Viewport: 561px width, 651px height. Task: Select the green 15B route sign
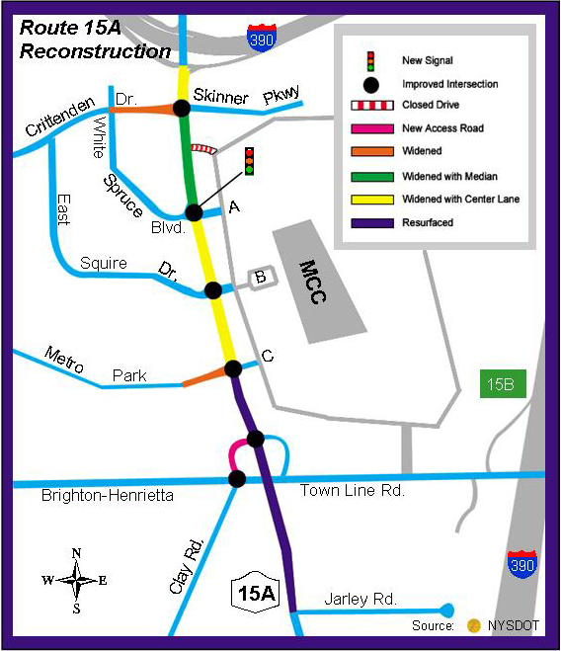[x=503, y=383]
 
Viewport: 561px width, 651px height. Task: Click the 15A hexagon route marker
[x=256, y=593]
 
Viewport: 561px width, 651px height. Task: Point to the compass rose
[x=76, y=581]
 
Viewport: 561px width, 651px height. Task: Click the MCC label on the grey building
[x=313, y=282]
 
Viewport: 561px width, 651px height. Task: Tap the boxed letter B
[x=261, y=277]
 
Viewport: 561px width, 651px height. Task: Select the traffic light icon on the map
[x=249, y=161]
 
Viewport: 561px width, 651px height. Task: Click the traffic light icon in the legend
[x=370, y=61]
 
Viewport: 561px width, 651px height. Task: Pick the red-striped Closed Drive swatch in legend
[x=372, y=105]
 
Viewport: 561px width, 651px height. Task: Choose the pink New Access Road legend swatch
[x=372, y=128]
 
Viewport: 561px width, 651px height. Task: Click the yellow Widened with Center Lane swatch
[x=372, y=200]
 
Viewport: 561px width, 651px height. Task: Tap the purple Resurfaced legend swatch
[x=372, y=223]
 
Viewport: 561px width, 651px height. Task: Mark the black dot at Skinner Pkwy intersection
[x=182, y=109]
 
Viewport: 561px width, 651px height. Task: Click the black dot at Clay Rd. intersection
[x=237, y=479]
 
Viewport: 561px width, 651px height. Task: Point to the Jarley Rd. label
[x=361, y=600]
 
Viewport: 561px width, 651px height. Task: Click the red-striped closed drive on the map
[x=203, y=148]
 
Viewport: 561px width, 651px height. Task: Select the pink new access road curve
[x=236, y=453]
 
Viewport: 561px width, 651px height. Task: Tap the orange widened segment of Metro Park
[x=205, y=377]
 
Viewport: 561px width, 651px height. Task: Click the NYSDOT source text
[x=514, y=625]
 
